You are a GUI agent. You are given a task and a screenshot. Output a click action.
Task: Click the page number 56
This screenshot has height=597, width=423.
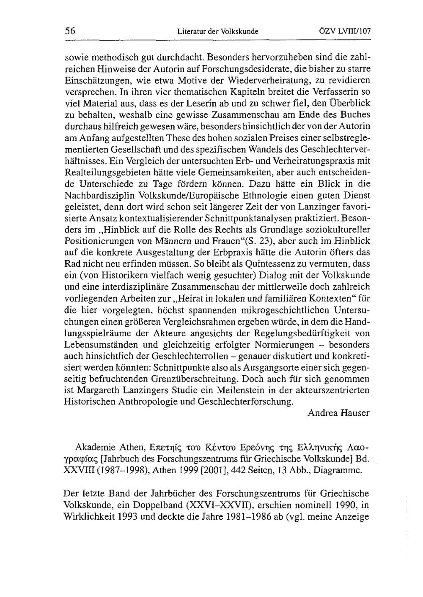click(x=70, y=31)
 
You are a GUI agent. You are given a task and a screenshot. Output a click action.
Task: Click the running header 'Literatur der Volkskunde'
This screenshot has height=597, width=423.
click(x=218, y=31)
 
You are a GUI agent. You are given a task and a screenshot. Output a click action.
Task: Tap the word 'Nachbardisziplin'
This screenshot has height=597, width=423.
click(x=95, y=195)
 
